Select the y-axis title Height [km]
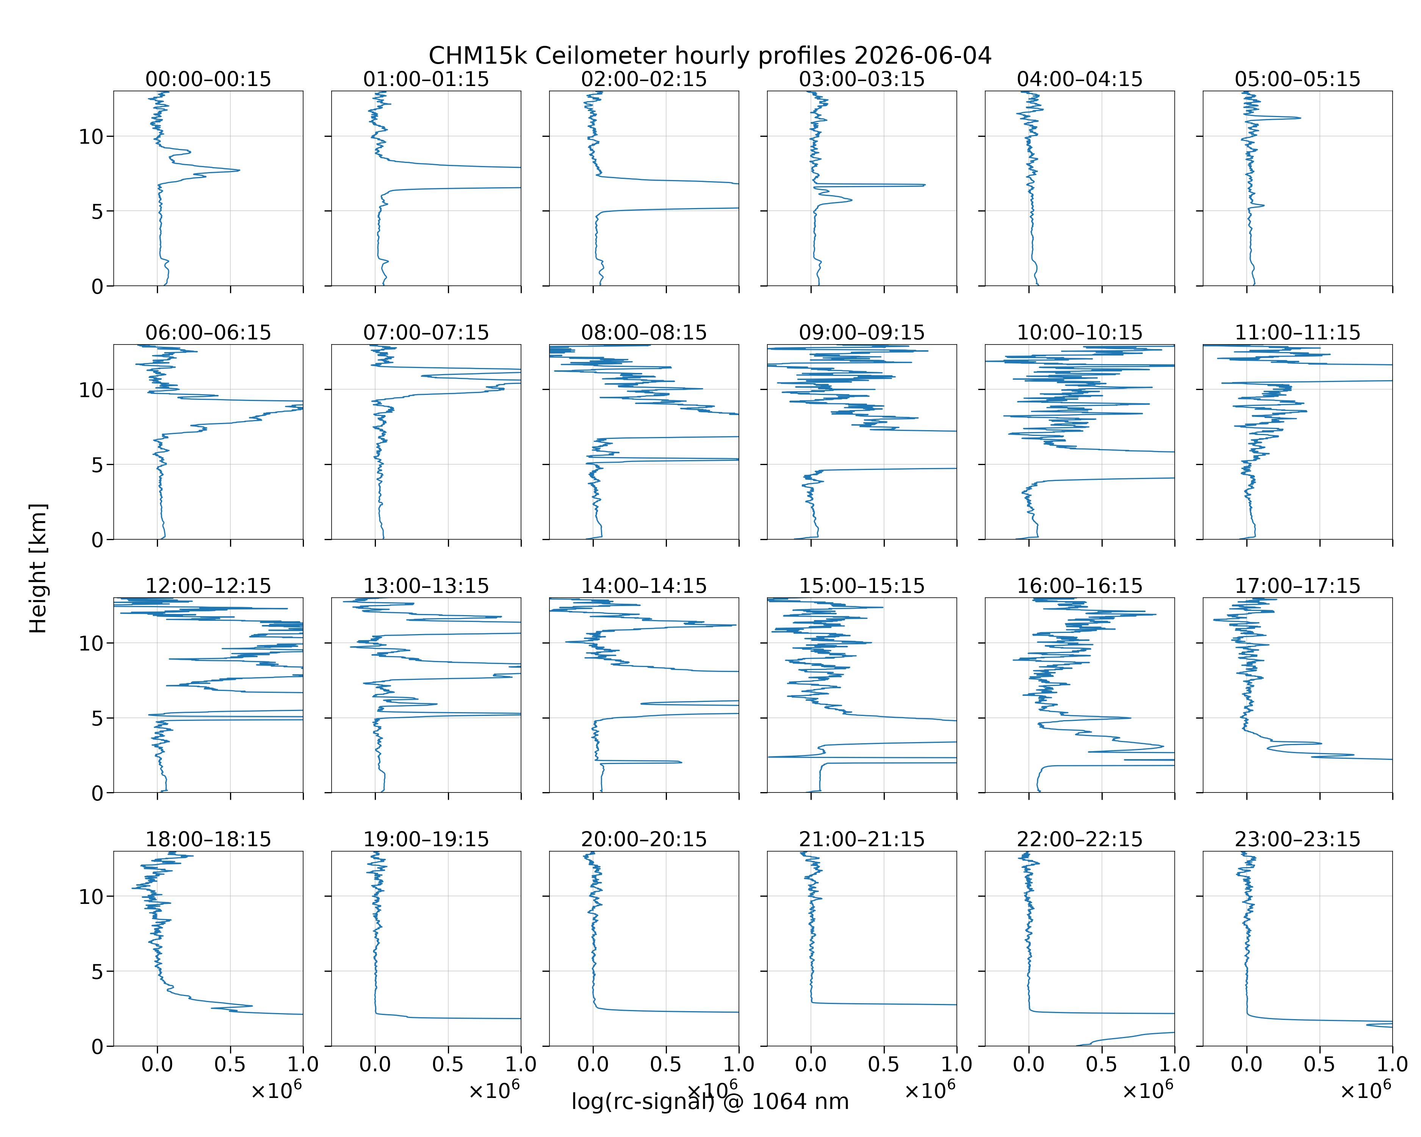point(38,568)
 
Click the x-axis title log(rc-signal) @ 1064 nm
point(710,1101)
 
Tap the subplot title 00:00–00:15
point(208,79)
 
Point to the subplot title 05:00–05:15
point(1297,79)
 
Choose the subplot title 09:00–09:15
point(861,332)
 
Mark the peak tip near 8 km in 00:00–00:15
point(239,170)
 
